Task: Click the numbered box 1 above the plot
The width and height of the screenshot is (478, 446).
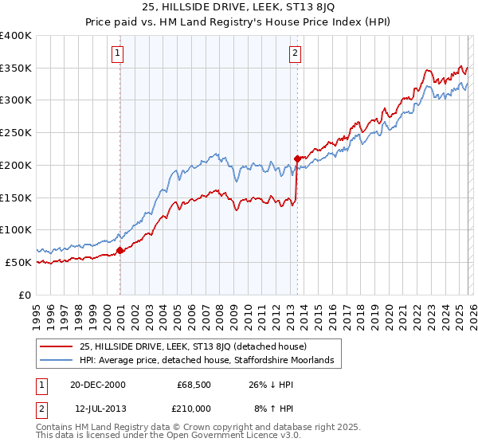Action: (117, 53)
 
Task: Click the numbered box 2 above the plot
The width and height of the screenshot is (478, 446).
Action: (295, 53)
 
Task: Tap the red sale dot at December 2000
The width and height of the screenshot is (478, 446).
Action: (120, 250)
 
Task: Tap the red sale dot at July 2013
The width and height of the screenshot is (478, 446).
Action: (297, 158)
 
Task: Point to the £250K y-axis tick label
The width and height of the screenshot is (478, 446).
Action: (16, 132)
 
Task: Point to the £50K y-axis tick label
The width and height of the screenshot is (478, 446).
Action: (18, 262)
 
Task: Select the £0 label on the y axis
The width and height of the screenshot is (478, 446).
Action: (25, 295)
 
